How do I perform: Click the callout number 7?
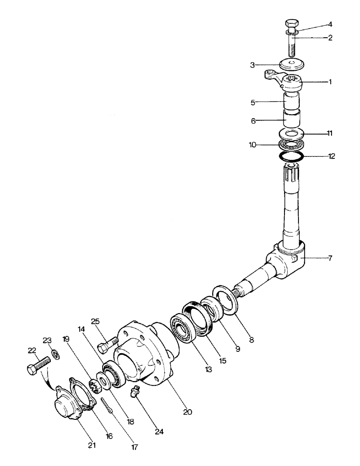click(330, 258)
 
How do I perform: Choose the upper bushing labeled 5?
click(293, 102)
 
